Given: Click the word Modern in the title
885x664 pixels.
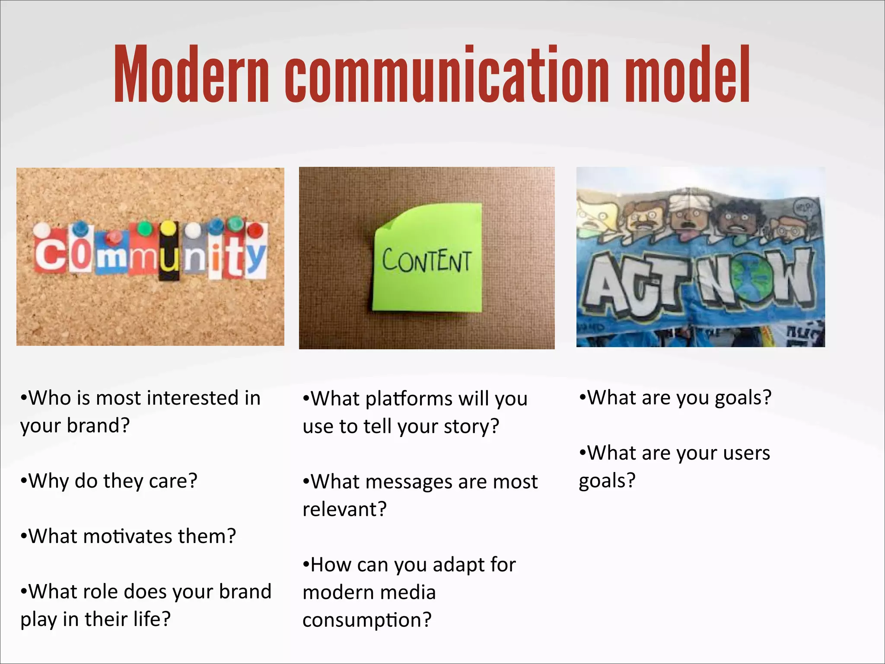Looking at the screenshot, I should point(191,74).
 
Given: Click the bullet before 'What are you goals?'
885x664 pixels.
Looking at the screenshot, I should point(583,397).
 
